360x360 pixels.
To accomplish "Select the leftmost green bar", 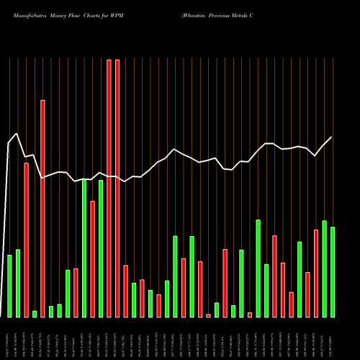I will pyautogui.click(x=9, y=286).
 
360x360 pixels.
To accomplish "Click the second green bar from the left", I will pyautogui.click(x=17, y=283).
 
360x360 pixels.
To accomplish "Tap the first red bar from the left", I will pyautogui.click(x=26, y=240).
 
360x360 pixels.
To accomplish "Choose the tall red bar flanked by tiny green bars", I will pyautogui.click(x=42, y=208).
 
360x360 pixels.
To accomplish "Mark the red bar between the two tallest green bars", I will pyautogui.click(x=92, y=258).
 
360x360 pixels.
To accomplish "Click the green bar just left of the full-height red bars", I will pyautogui.click(x=100, y=248).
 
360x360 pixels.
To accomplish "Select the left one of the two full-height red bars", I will pyautogui.click(x=109, y=188).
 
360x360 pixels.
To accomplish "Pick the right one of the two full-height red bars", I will pyautogui.click(x=117, y=188).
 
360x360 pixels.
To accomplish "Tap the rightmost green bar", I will pyautogui.click(x=333, y=271).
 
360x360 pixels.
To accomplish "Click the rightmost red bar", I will pyautogui.click(x=316, y=273).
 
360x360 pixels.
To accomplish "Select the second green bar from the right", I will pyautogui.click(x=324, y=269).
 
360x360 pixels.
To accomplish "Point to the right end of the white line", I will pyautogui.click(x=332, y=137).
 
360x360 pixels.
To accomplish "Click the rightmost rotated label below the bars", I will pyautogui.click(x=333, y=338).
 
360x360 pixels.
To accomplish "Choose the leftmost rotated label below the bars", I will pyautogui.click(x=9, y=338).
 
